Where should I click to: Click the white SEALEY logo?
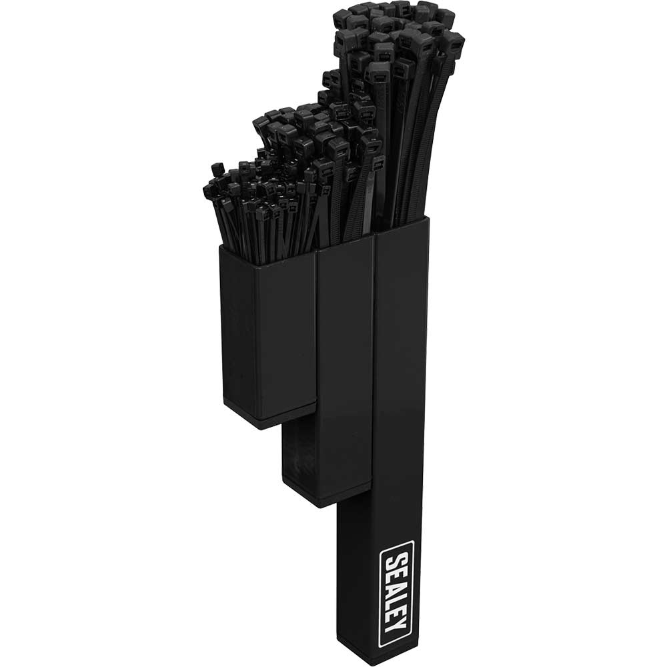point(396,594)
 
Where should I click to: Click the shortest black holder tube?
point(267,333)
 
